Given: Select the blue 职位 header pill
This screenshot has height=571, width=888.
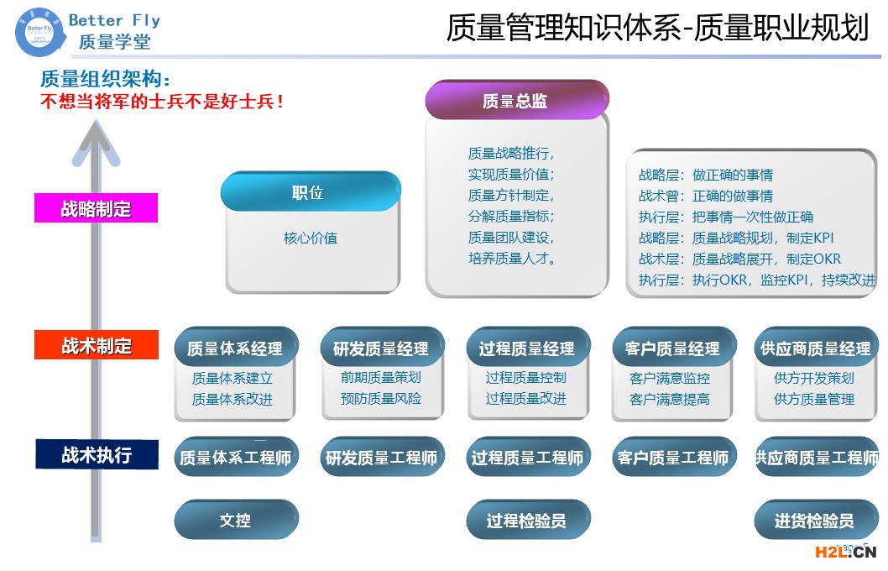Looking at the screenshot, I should click(309, 192).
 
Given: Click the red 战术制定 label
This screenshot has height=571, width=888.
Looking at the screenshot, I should click(96, 345).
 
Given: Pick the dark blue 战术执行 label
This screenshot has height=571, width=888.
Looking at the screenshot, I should click(96, 454).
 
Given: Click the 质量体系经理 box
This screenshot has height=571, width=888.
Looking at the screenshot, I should click(235, 348).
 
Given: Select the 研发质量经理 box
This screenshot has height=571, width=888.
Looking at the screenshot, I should click(380, 348).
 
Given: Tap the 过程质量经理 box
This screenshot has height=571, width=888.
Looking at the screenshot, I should click(527, 348).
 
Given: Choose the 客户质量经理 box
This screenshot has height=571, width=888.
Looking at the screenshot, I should click(672, 348).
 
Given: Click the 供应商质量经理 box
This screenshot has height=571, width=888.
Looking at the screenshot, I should click(816, 348).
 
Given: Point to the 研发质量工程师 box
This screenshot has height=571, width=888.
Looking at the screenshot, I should click(381, 458).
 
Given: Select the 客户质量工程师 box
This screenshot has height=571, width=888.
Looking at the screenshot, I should click(673, 458).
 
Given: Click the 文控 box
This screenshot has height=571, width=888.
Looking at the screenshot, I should click(235, 520).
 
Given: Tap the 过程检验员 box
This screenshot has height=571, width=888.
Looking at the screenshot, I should click(527, 520).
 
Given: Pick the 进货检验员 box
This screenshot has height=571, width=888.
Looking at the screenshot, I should click(815, 520).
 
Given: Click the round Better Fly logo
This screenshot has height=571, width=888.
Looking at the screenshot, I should click(39, 30).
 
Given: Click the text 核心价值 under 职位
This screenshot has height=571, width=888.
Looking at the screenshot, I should click(311, 238).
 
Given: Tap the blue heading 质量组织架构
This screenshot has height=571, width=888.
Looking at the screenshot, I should click(105, 80).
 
